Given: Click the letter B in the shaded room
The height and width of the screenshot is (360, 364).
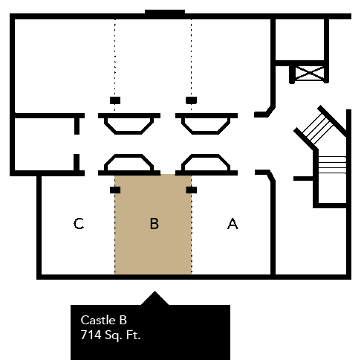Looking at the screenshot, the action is [155, 223].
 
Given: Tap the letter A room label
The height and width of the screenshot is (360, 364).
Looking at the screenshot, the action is [233, 223].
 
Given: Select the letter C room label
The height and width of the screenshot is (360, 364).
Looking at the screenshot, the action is [79, 223].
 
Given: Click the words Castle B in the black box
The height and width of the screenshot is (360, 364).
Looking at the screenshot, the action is [103, 320].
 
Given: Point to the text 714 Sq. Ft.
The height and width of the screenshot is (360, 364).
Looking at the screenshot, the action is [111, 335].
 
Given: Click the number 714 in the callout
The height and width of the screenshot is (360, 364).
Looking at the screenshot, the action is [91, 335].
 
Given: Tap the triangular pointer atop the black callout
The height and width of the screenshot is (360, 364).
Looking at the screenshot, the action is [155, 298].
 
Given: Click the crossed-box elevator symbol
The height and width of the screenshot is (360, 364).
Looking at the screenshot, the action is [309, 73].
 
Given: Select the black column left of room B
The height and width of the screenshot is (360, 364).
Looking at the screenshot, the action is [115, 190].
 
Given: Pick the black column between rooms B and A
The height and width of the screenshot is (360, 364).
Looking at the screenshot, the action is [192, 190].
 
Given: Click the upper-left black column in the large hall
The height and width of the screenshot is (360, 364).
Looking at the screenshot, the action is [115, 100].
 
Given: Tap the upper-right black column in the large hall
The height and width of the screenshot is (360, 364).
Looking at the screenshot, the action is [192, 100].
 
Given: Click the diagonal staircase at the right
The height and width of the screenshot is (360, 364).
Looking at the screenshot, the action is [319, 128].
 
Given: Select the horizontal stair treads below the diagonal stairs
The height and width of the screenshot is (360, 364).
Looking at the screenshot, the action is [332, 164].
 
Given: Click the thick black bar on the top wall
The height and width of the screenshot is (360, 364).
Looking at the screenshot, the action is [165, 13].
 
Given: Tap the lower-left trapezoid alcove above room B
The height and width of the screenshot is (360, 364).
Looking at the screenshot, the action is [129, 163].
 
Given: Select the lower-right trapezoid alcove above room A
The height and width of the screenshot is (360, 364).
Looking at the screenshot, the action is [206, 163].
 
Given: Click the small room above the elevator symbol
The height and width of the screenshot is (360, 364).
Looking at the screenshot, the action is [300, 39].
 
